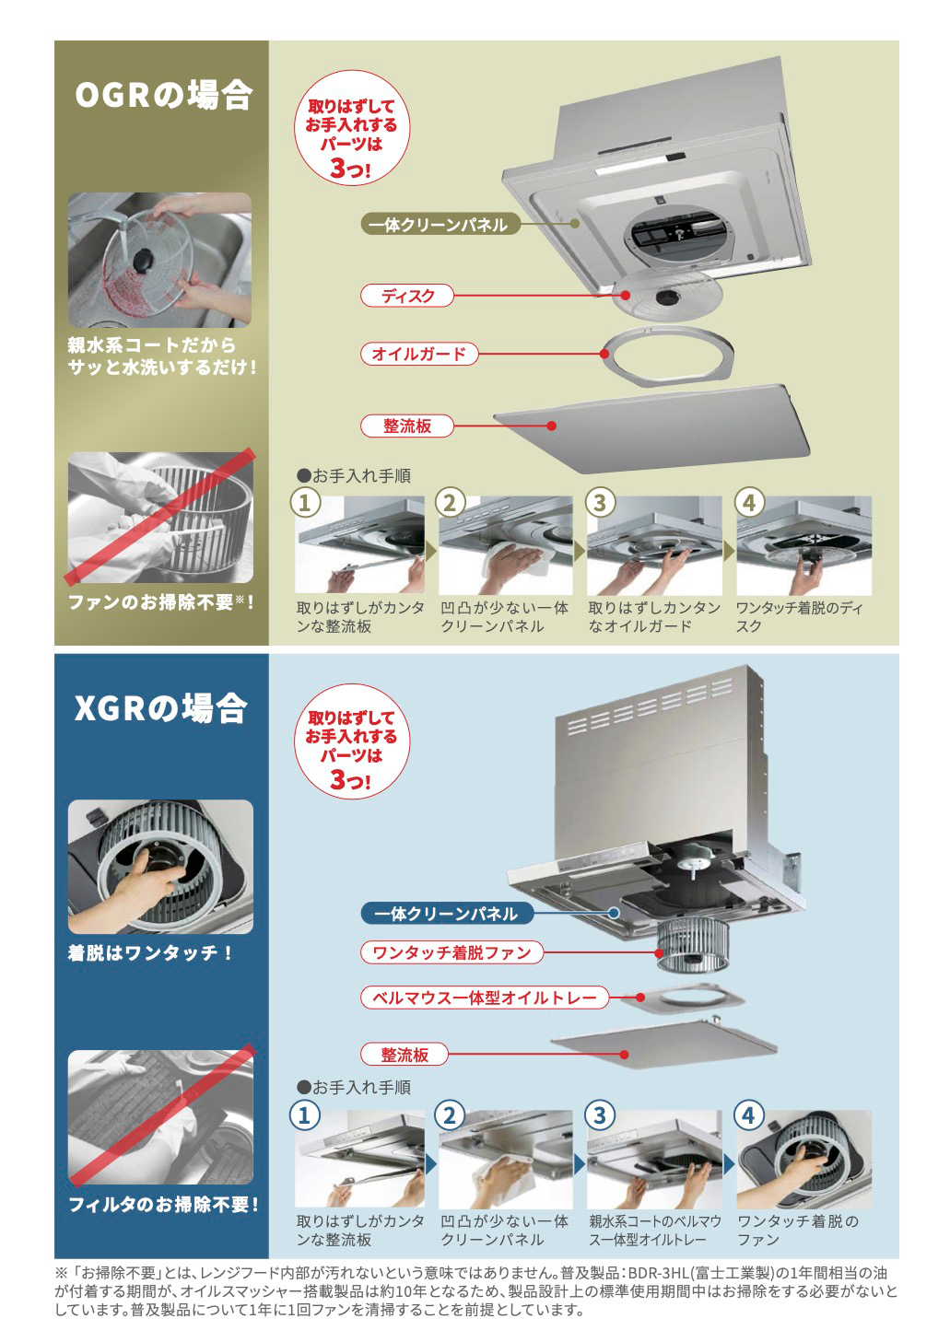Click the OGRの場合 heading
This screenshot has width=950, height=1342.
(162, 96)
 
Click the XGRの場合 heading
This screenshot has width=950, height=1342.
(160, 708)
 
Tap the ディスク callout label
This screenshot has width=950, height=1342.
(407, 296)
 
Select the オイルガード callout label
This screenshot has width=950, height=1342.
(418, 354)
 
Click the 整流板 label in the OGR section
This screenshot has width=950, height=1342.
(407, 426)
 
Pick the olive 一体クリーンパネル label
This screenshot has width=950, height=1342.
(438, 225)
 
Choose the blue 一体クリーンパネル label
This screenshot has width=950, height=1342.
(446, 914)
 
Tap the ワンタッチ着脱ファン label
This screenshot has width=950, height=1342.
(452, 952)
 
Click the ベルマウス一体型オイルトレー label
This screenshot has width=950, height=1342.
(484, 998)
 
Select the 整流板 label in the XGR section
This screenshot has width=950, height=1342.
(405, 1055)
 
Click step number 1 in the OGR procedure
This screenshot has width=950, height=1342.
(305, 503)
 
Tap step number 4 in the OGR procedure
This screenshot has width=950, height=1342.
(748, 503)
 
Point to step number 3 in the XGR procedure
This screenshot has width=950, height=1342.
(599, 1115)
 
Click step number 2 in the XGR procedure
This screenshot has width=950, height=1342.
(450, 1115)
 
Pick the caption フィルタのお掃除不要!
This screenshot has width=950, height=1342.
(162, 1204)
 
